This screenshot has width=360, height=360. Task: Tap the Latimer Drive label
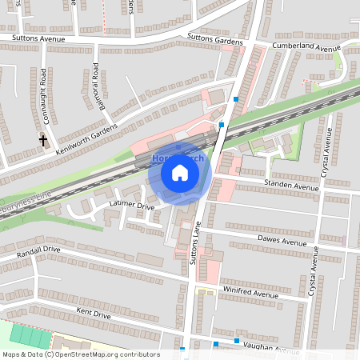(x=130, y=206)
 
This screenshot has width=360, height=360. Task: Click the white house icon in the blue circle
(x=180, y=172)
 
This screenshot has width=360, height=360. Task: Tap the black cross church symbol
(x=42, y=141)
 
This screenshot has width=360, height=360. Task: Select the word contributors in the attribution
(x=138, y=354)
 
